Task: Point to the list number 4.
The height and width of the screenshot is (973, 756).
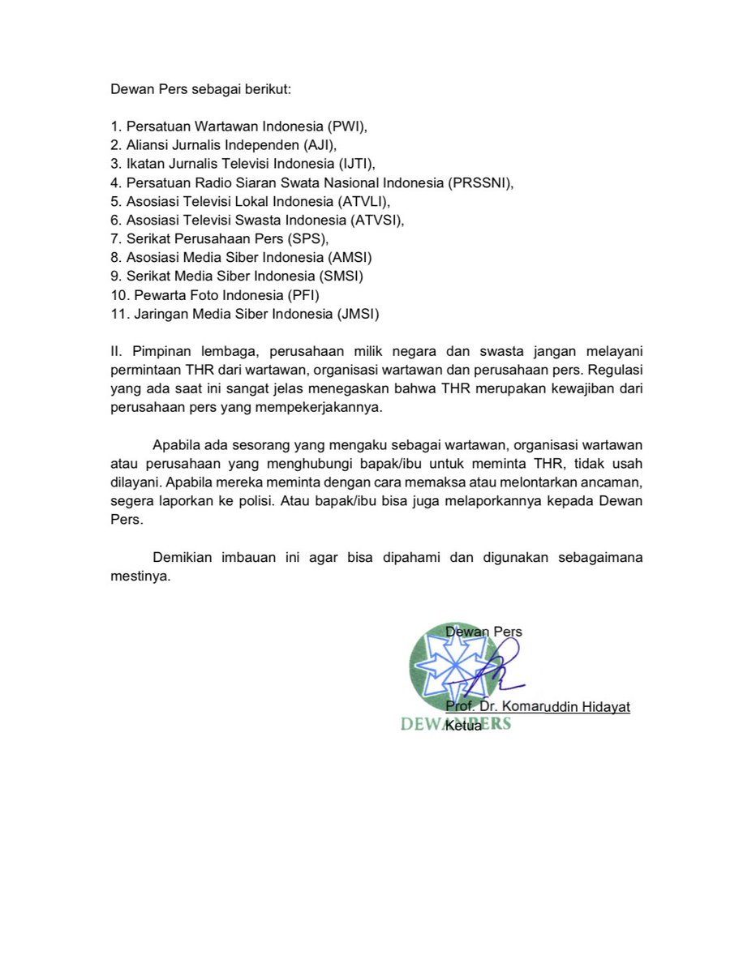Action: point(115,183)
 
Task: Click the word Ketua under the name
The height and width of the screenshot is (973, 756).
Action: point(464,726)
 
